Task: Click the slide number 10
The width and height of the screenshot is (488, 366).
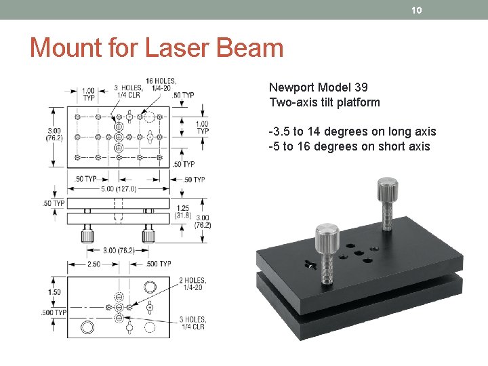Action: coord(417,9)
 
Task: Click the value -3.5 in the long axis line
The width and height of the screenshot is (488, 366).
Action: coord(279,131)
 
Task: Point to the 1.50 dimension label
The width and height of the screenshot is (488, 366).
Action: coord(54,292)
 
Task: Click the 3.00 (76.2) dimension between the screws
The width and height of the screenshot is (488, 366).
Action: coord(118,250)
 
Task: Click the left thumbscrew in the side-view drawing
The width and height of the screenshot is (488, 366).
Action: coord(87,235)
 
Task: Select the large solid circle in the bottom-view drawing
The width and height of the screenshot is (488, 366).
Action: coord(87,328)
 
